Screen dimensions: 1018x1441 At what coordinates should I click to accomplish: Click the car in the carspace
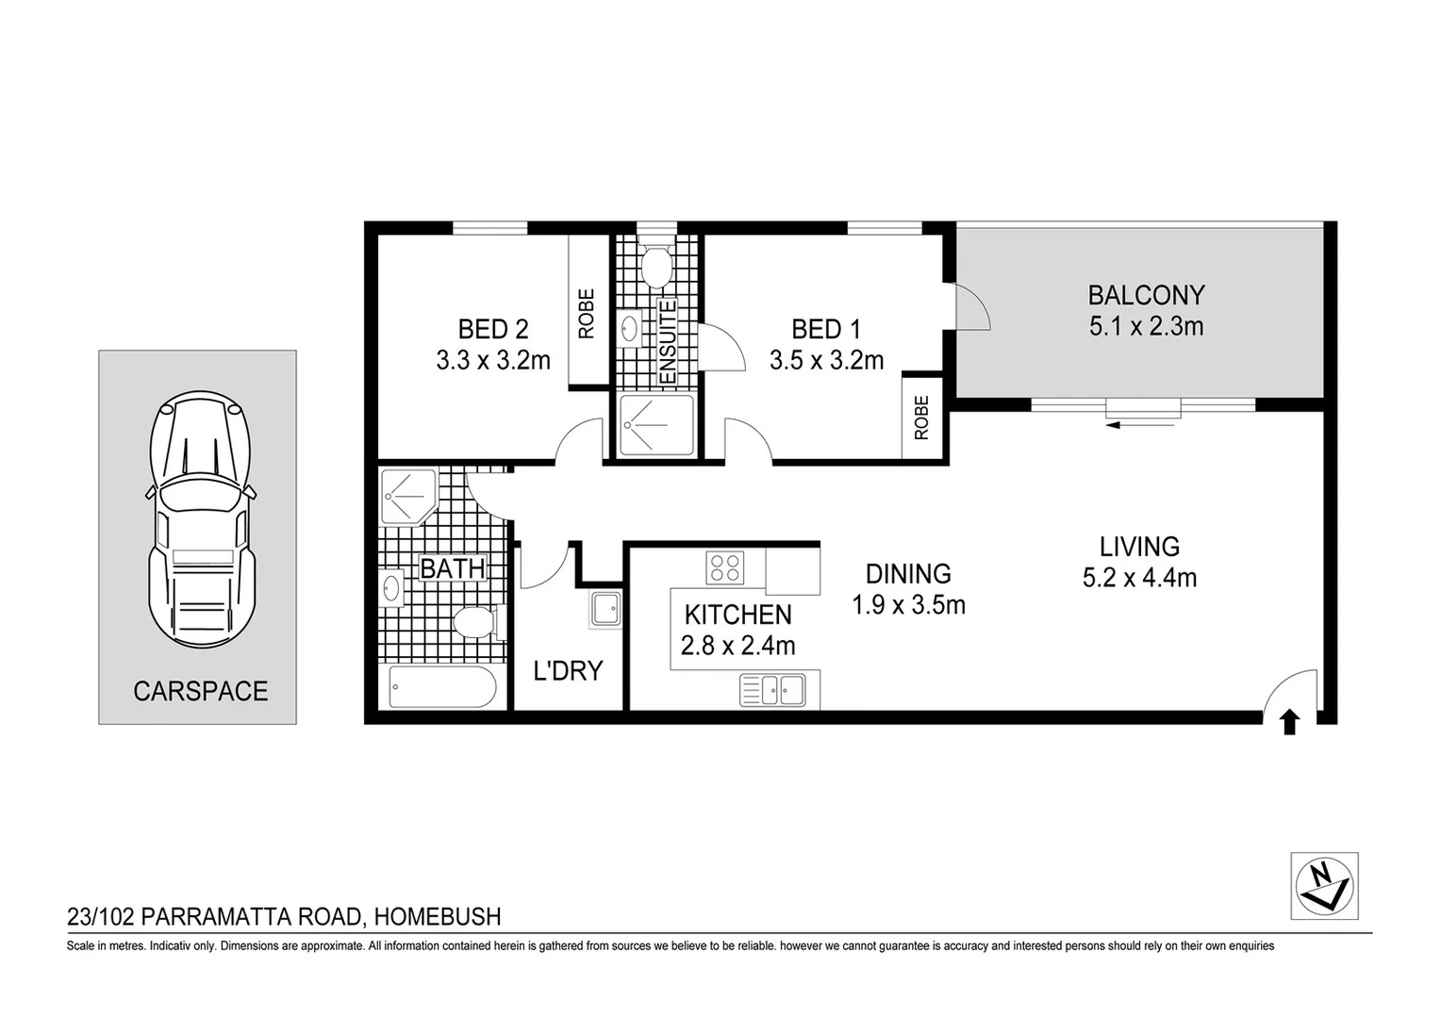[201, 518]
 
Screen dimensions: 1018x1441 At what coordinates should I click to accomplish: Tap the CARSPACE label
[200, 691]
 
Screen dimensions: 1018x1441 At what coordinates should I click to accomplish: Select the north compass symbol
[1324, 886]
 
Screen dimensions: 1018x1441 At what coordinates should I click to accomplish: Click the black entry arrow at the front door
[1289, 722]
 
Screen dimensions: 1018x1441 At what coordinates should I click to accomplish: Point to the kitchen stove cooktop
[725, 568]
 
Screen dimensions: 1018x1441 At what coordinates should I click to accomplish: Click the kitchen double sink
[772, 690]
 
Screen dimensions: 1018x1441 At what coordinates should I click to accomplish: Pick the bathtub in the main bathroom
[442, 687]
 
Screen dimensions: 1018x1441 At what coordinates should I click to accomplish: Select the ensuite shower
[656, 425]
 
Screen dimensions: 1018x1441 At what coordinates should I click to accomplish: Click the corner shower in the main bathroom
[406, 495]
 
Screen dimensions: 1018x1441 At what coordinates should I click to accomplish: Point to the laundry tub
[605, 609]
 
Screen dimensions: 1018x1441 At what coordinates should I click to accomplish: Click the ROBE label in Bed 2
[587, 313]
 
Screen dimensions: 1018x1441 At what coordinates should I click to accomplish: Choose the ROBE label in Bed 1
[921, 417]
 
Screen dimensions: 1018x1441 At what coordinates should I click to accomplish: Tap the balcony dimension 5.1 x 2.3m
[1146, 326]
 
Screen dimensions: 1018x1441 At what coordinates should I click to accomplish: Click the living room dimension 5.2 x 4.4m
[1139, 577]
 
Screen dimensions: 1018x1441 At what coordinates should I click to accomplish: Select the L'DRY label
[568, 670]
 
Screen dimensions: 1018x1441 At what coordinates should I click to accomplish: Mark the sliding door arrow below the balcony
[1140, 425]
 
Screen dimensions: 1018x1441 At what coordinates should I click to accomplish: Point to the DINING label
[908, 573]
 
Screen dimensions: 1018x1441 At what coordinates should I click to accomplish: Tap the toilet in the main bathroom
[473, 622]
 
